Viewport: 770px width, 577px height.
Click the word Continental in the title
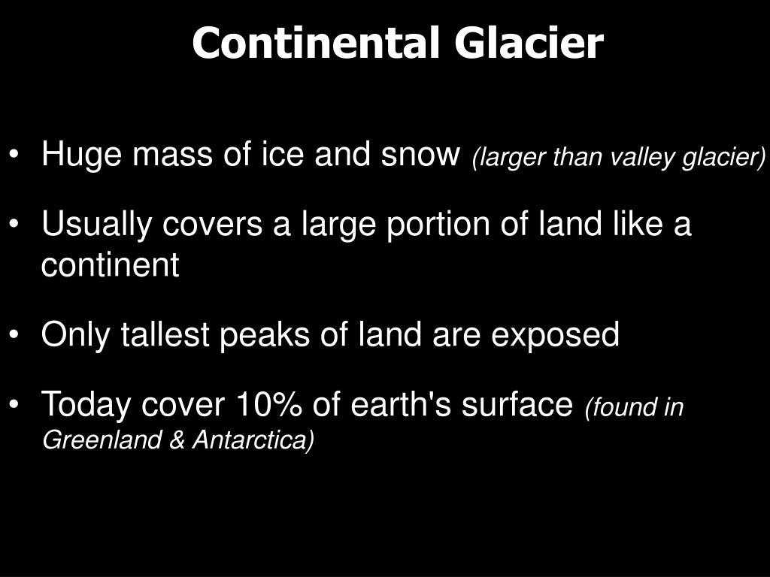pos(315,44)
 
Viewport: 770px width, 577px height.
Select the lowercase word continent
pos(110,265)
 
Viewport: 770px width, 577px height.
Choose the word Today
pos(86,405)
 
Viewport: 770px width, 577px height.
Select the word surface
pos(517,405)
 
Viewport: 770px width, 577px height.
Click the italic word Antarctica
pos(253,440)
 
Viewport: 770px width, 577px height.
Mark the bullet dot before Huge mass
pos(17,156)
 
